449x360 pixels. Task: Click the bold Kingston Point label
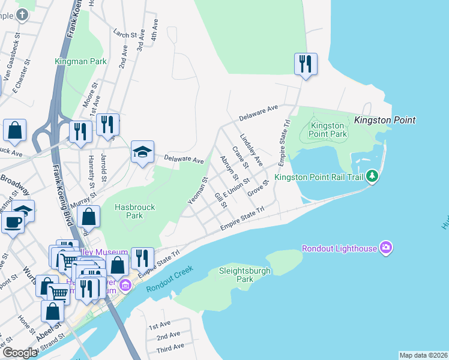(385, 120)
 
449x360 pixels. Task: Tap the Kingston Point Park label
(328, 130)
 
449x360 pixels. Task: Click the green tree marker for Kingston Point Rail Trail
(373, 176)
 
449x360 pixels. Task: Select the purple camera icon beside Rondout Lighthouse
(385, 248)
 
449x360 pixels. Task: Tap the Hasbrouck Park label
(134, 211)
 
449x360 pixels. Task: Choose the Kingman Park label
(80, 61)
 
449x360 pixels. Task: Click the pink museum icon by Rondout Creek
(125, 284)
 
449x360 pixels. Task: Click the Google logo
(20, 353)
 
